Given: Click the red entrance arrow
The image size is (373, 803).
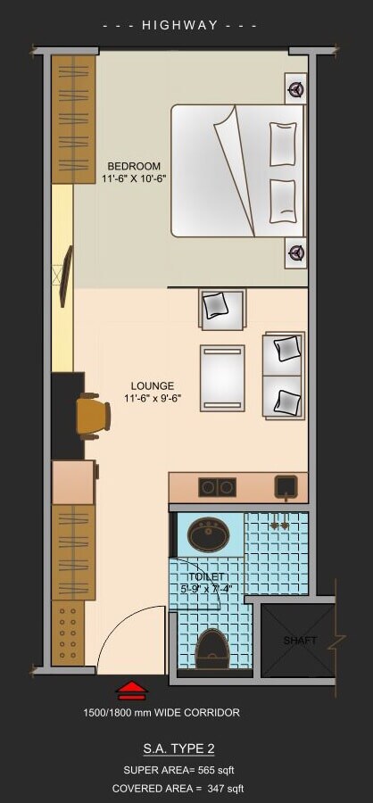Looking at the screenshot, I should click(x=132, y=690).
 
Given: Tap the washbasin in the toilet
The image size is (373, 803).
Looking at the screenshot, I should click(x=208, y=535).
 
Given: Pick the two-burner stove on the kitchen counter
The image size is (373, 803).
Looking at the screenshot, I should click(x=217, y=487).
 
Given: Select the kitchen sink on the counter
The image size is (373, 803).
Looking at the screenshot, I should click(x=286, y=486).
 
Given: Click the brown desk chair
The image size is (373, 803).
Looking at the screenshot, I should click(x=92, y=416).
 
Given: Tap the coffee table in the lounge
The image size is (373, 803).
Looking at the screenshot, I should click(x=221, y=377).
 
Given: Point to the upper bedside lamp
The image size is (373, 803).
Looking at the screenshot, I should click(x=295, y=88).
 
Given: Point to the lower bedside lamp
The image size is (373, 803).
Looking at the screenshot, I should click(x=295, y=253).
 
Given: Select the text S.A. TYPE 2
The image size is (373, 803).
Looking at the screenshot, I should click(x=178, y=749).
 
